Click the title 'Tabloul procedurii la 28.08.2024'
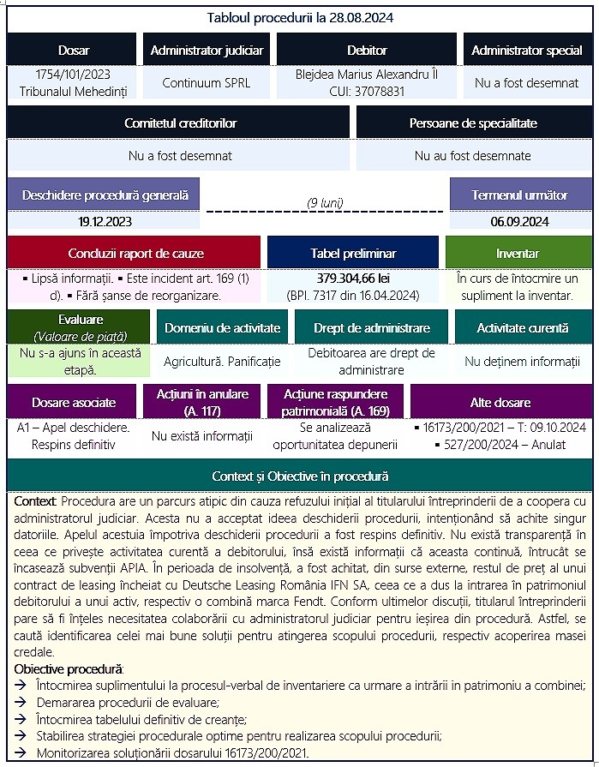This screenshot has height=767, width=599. (x=300, y=17)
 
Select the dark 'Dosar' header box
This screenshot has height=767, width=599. (x=73, y=51)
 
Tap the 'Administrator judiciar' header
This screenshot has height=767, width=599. (x=207, y=51)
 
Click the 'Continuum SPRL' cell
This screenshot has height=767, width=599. (x=207, y=84)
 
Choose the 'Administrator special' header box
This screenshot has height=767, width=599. (x=527, y=51)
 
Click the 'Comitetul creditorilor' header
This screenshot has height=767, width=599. (x=180, y=123)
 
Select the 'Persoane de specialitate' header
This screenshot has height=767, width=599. (x=473, y=123)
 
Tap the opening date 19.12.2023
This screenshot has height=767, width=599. (x=105, y=221)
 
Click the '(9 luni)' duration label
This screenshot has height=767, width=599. (x=325, y=203)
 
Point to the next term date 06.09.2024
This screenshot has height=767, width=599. (x=519, y=221)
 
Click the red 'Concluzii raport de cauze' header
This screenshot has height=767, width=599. (x=135, y=254)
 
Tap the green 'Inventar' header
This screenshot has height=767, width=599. (x=518, y=254)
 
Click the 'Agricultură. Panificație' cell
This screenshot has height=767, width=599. (x=222, y=362)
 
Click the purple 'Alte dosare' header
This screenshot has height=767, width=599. (x=500, y=402)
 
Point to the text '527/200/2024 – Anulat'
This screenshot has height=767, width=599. (x=504, y=444)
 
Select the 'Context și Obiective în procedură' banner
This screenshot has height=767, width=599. (x=300, y=476)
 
